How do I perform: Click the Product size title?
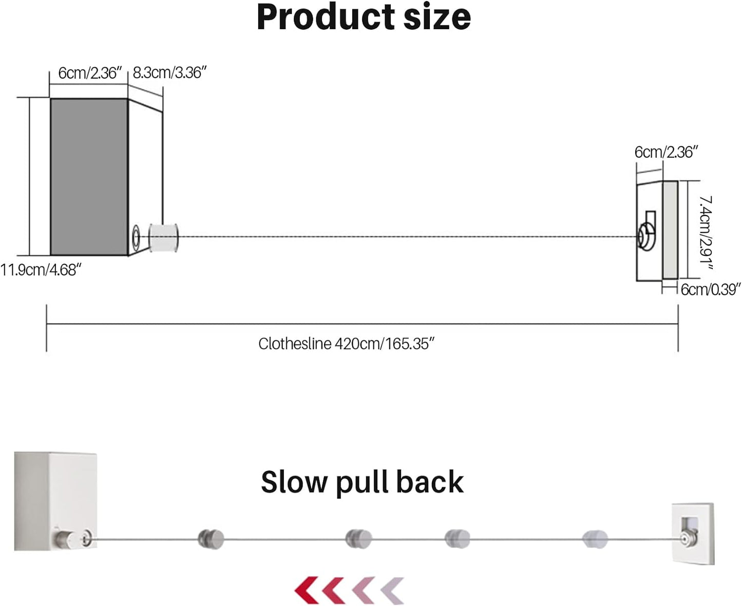tap(364, 17)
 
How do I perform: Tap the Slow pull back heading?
tap(362, 482)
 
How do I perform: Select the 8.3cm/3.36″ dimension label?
tap(169, 73)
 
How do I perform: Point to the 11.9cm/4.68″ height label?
tap(41, 270)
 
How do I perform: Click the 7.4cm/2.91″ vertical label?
tap(707, 233)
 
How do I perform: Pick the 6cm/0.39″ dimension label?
tap(711, 290)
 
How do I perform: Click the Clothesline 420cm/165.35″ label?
tap(347, 344)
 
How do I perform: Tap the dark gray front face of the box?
tap(89, 177)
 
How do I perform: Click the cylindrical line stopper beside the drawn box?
tap(164, 238)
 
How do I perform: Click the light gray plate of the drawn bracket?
tap(670, 230)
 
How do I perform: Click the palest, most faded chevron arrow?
tap(393, 591)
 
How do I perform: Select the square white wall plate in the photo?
tap(693, 533)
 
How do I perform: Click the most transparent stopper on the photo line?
tap(596, 539)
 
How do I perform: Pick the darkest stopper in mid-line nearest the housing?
tap(211, 539)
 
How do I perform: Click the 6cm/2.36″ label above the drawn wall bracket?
tap(666, 152)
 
